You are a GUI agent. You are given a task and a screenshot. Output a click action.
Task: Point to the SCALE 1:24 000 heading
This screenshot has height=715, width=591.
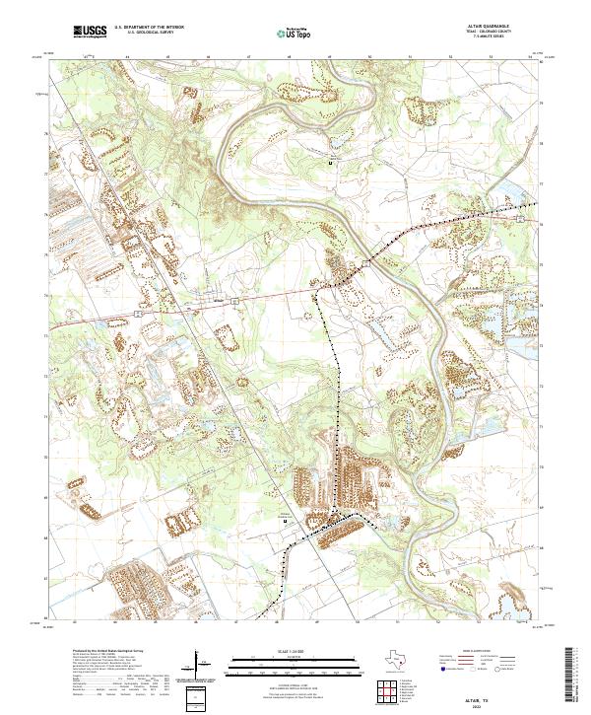tap(282, 650)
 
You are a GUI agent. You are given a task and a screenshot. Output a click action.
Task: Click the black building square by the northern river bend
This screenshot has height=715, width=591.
tap(330, 162)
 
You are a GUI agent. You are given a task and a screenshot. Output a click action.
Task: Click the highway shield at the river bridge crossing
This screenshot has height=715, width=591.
tap(364, 264)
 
